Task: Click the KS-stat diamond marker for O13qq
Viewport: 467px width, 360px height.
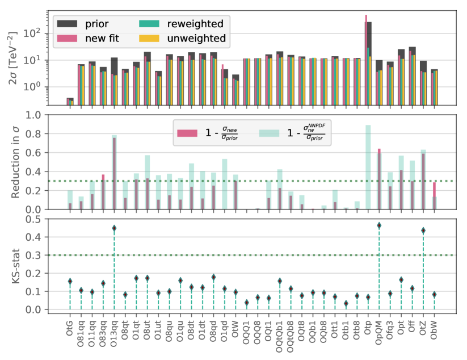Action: tap(114, 228)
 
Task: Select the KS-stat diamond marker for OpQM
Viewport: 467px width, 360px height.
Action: tap(379, 225)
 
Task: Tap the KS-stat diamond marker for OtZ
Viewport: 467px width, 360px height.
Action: tap(423, 231)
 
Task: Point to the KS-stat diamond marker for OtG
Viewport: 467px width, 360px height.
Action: tap(70, 281)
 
